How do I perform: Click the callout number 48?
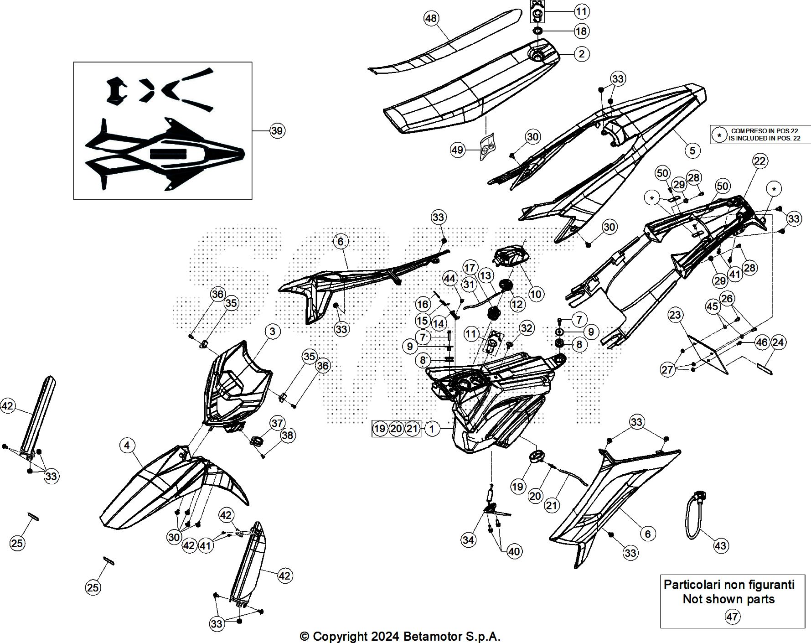(x=431, y=19)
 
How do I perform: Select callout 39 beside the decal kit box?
(x=277, y=131)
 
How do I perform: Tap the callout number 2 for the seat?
(x=581, y=54)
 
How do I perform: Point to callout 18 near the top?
(x=581, y=31)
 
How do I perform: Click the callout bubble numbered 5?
(x=692, y=150)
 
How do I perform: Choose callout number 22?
(x=760, y=161)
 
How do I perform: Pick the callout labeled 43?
(x=721, y=545)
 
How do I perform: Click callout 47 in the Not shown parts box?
(x=732, y=617)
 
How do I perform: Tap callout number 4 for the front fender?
(x=127, y=445)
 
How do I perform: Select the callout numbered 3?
(x=272, y=331)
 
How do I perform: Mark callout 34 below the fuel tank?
(x=468, y=540)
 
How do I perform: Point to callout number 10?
(x=536, y=294)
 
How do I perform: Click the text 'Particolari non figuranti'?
(x=729, y=585)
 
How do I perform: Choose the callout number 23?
(x=675, y=315)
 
